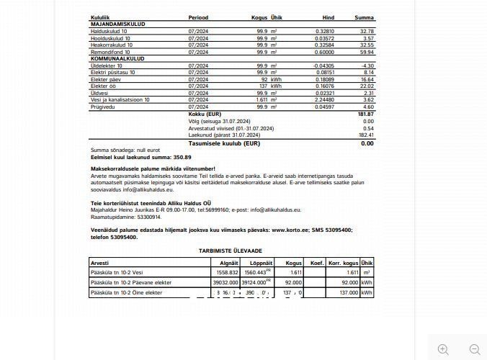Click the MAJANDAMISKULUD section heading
117,24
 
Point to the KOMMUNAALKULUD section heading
117,58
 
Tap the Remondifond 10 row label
111,52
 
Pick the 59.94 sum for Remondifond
367,52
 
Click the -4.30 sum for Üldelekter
367,66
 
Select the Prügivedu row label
103,107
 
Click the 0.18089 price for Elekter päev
323,79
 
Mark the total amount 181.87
365,114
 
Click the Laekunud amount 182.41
366,135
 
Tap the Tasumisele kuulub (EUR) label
223,143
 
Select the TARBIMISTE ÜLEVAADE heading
231,250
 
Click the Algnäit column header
228,264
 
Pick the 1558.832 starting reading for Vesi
227,273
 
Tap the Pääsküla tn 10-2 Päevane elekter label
131,283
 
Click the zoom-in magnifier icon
443,349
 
